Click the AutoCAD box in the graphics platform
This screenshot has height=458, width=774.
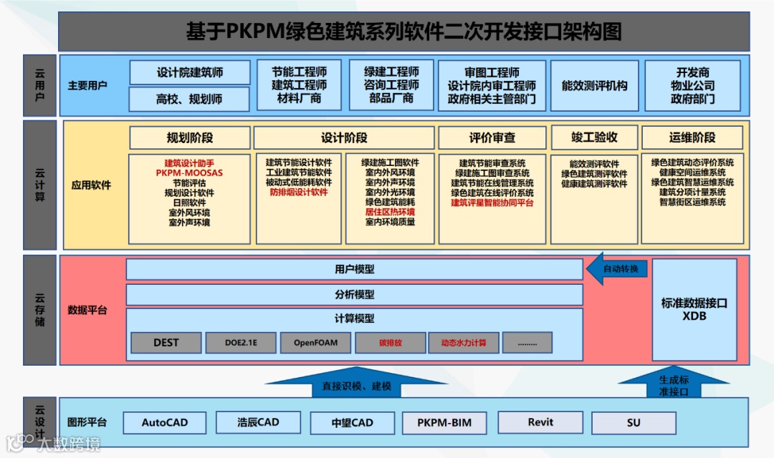pos(165,423)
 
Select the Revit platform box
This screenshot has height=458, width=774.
pos(540,423)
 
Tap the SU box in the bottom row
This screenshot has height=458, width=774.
pos(634,423)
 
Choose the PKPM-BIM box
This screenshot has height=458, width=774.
pos(444,423)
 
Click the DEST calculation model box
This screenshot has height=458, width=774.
pos(166,343)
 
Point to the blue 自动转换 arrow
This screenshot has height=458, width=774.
pos(617,270)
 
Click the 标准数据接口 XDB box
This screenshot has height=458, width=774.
pos(694,309)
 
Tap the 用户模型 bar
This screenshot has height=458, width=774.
pos(354,270)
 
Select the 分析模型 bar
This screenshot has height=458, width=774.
pos(354,294)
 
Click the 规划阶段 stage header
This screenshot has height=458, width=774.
pos(190,137)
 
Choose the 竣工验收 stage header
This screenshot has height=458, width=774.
pos(593,137)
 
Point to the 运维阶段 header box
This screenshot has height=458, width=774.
pos(692,137)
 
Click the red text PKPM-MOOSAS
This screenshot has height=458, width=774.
pos(189,173)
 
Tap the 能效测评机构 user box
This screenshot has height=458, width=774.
pos(594,85)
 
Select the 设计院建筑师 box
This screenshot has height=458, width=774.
pos(190,72)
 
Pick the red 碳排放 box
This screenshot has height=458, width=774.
pos(391,343)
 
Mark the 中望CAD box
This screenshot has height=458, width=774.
pos(352,423)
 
